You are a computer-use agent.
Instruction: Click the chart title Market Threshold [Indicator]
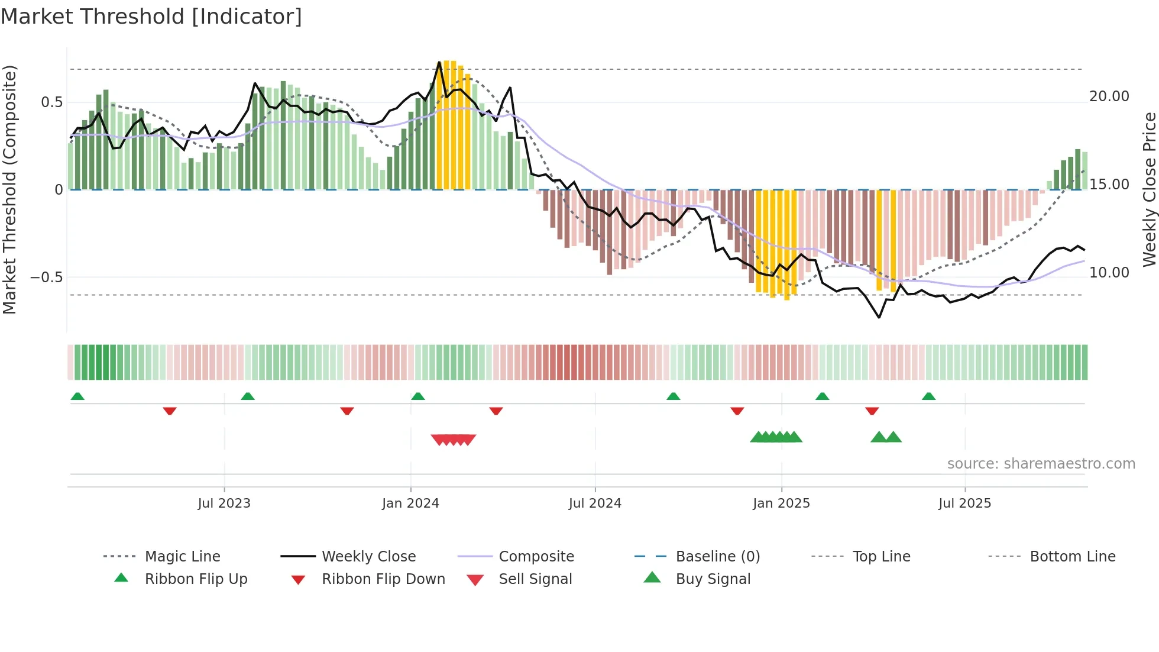(151, 17)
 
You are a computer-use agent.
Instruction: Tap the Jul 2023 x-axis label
(224, 503)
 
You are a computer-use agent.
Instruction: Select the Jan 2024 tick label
(410, 503)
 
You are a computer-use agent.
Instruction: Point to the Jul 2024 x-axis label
(595, 503)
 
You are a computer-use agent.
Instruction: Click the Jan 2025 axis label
(781, 503)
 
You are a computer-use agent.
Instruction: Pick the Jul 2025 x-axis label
(964, 503)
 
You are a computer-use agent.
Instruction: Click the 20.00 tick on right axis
(1109, 96)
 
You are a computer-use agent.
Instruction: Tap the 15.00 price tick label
(1109, 185)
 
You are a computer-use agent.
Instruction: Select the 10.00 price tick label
(1109, 273)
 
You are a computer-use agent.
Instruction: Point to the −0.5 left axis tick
(46, 277)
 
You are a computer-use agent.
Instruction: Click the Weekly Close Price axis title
(1149, 189)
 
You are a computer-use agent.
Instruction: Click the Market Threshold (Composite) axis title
(9, 189)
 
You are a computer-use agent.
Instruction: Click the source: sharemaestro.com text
(1041, 464)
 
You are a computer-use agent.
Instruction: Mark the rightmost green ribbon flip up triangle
(928, 396)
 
